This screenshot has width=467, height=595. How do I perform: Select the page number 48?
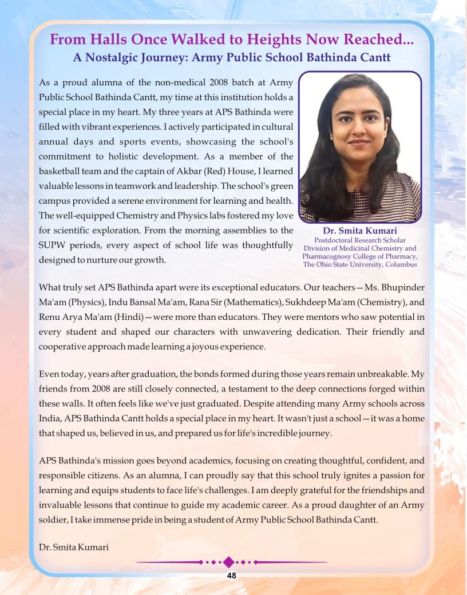(x=232, y=576)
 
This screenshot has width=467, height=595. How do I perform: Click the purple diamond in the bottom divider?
(x=229, y=562)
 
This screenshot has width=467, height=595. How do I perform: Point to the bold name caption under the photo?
(x=360, y=231)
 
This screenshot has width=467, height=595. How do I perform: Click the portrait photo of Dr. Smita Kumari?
(x=360, y=147)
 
